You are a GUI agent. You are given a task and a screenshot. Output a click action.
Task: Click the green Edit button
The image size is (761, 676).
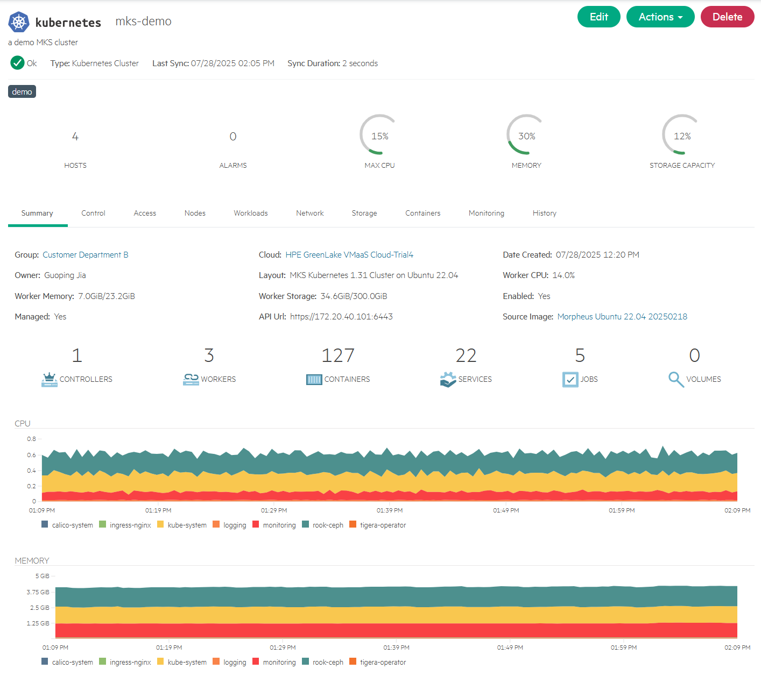click(598, 17)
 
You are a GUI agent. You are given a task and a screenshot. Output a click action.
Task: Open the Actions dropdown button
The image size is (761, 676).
click(660, 17)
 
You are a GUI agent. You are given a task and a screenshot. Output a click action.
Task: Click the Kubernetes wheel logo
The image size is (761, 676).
click(19, 22)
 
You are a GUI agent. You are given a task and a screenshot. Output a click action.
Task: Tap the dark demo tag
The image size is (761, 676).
click(22, 92)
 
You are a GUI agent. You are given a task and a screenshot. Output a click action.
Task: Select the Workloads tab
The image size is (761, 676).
click(250, 214)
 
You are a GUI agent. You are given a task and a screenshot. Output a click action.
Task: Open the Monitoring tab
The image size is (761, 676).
click(486, 214)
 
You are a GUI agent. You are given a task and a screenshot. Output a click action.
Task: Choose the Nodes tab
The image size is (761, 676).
click(195, 214)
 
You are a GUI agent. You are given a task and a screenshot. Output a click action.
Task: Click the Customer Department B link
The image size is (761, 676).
click(85, 255)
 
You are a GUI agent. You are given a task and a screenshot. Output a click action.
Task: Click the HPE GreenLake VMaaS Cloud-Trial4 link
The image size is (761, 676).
click(349, 255)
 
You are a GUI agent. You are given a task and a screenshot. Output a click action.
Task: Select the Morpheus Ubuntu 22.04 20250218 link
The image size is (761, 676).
click(622, 317)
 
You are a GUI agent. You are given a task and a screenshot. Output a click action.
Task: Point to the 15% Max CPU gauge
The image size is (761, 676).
click(379, 136)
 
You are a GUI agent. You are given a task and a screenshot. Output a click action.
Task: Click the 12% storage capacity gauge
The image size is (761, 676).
click(682, 136)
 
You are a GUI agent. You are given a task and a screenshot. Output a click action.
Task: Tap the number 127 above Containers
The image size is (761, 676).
click(337, 355)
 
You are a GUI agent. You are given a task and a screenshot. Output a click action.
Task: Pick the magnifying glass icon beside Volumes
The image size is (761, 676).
click(675, 379)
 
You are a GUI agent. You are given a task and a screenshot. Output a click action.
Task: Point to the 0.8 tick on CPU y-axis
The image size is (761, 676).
click(32, 439)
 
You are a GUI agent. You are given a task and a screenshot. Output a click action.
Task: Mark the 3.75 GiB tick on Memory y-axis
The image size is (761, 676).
click(38, 592)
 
